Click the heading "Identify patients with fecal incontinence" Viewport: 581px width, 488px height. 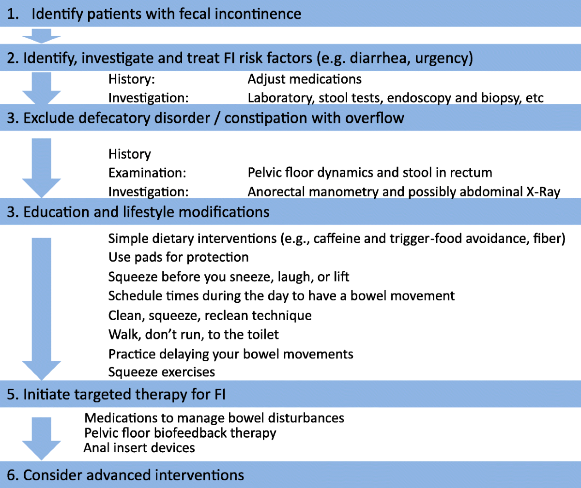(x=166, y=14)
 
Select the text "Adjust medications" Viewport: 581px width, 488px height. (x=305, y=79)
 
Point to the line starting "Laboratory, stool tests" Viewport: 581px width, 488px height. (x=395, y=98)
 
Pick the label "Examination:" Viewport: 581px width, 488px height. (x=147, y=173)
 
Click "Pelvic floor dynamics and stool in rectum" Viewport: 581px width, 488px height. (x=369, y=173)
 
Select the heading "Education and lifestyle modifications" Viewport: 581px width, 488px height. (x=146, y=212)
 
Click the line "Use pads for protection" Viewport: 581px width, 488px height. (x=178, y=257)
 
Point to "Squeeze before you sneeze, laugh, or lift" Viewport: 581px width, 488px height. (x=229, y=277)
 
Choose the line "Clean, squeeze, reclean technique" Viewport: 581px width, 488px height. (x=210, y=315)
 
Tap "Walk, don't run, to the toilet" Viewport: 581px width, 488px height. (x=193, y=334)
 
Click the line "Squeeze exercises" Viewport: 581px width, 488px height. (x=161, y=372)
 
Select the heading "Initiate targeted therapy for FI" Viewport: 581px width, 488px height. (x=124, y=395)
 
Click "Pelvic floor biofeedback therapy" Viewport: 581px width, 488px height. (x=180, y=433)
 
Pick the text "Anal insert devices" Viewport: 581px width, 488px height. (x=139, y=448)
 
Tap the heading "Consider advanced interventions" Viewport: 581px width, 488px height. (x=133, y=475)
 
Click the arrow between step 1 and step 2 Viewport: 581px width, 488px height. (x=41, y=36)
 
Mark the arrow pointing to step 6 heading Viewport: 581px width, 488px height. (x=41, y=438)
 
